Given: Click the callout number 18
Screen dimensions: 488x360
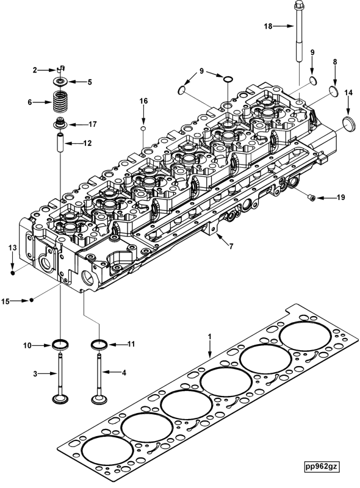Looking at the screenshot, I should click(x=267, y=26).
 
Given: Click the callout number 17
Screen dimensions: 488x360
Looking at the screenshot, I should click(x=93, y=124).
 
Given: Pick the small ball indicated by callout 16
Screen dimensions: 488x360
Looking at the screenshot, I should click(x=143, y=129).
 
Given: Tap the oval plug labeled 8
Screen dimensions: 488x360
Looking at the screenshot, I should click(x=334, y=91).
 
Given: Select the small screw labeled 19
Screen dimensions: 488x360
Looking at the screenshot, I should click(x=311, y=197).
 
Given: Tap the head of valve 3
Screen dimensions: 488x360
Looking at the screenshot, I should click(x=60, y=399).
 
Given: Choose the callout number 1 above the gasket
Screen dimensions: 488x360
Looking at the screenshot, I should click(x=209, y=336).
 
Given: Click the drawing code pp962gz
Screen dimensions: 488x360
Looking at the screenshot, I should click(x=323, y=467).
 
